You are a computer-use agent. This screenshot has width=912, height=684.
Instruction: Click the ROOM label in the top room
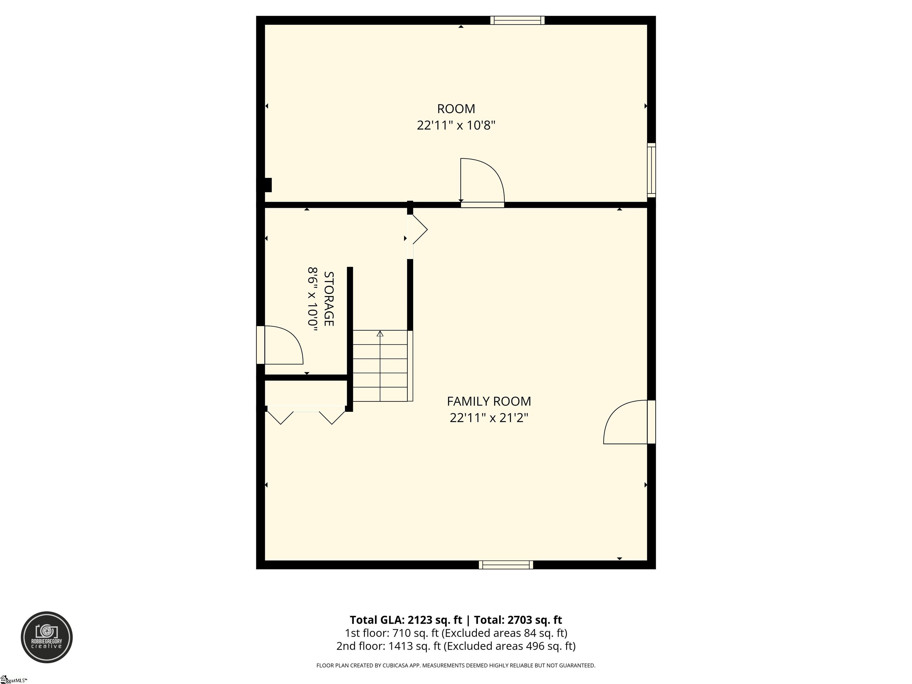pos(456,109)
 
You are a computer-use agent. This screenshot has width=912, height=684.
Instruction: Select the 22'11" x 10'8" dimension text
pos(456,125)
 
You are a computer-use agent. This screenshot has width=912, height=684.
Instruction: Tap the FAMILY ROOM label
pos(489,401)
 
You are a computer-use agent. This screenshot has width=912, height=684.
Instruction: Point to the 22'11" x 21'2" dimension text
pos(489,418)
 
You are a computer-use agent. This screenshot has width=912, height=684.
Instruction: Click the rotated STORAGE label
pos(329,298)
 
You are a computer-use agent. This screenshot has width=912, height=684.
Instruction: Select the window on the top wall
pos(517,20)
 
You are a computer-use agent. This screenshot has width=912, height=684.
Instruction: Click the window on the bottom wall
pos(506,565)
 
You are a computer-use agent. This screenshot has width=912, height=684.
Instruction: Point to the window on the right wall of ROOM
pos(651,170)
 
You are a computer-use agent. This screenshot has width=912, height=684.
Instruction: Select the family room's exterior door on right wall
pos(629,422)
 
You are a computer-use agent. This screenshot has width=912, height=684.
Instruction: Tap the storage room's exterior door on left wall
pos(280,345)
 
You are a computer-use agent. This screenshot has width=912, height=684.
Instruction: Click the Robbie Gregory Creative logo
pos(47,637)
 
